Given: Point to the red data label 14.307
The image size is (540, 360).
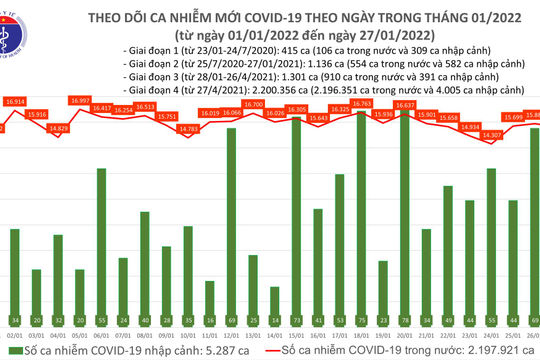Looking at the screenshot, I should coord(491,134).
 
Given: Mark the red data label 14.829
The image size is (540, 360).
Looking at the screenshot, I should coord(59,128).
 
